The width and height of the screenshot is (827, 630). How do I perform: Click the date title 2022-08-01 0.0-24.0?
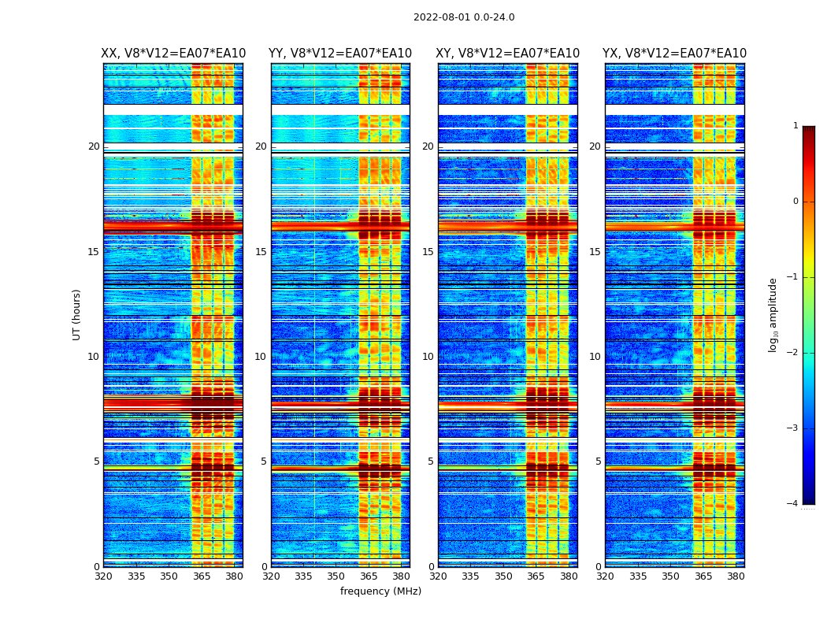464,17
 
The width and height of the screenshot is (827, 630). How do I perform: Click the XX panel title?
173,54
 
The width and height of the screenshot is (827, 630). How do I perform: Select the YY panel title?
340,54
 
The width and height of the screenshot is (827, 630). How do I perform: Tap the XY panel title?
508,54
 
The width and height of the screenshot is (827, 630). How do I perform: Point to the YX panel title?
675,54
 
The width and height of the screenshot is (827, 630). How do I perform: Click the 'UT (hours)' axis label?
77,314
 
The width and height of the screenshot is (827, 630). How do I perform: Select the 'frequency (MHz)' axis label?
380,591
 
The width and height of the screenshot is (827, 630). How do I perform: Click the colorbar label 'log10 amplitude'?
773,314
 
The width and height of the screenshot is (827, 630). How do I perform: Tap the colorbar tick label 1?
795,126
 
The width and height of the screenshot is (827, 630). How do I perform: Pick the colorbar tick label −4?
794,504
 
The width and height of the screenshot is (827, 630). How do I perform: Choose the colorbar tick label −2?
794,353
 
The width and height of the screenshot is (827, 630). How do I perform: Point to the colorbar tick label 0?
795,202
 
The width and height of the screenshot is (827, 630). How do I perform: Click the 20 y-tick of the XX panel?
94,146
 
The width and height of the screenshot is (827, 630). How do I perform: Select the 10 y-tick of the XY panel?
428,357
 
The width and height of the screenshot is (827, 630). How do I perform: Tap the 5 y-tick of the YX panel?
598,461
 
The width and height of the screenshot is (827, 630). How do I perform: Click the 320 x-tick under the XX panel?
103,576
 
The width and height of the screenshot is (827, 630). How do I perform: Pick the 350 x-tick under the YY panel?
336,576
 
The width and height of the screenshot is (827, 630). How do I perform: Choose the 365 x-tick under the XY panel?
536,576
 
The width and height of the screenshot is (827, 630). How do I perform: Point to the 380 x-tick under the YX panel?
736,576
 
